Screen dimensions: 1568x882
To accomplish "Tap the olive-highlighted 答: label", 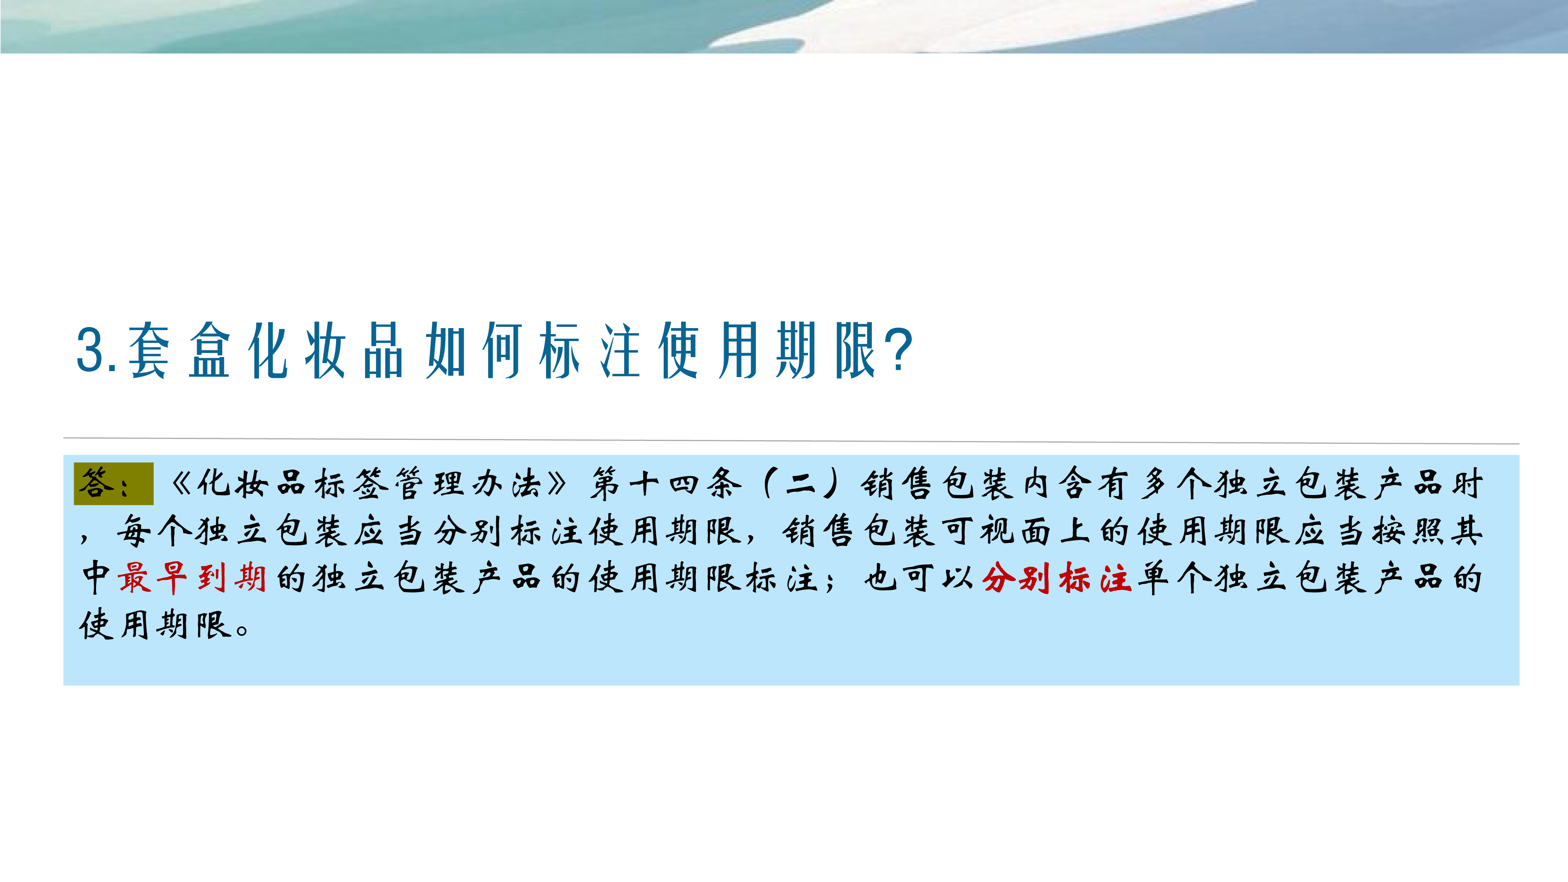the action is coord(113,484).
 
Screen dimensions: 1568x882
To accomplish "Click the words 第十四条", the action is coord(665,484).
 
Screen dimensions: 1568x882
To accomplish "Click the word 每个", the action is coord(154,531).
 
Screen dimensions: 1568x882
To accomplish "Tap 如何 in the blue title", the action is coord(474,350).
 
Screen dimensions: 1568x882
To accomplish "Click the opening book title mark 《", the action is coord(180,484).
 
